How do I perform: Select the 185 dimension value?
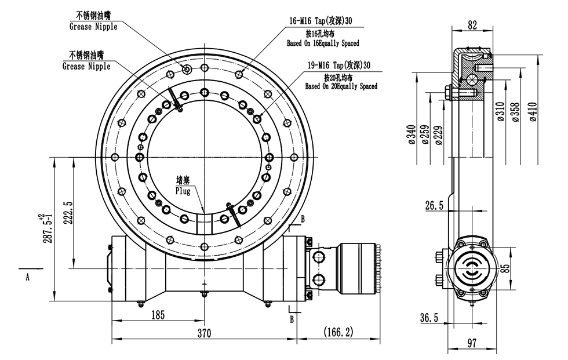(158, 315)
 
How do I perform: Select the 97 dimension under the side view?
(472, 343)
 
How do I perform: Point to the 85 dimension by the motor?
(505, 268)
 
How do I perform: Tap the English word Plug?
(184, 190)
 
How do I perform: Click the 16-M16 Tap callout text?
(321, 21)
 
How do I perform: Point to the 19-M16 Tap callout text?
(339, 65)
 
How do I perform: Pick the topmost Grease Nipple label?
(93, 27)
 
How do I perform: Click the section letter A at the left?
(27, 277)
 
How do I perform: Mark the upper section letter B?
(303, 219)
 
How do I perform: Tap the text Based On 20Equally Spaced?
(341, 86)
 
